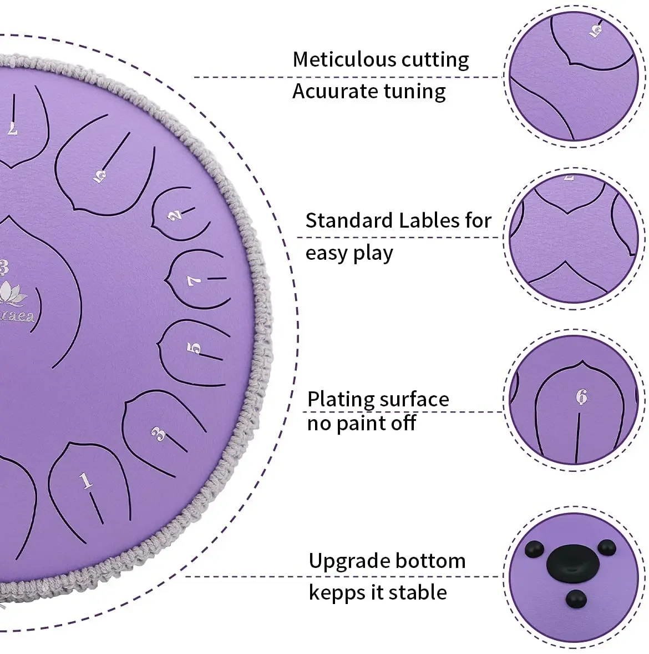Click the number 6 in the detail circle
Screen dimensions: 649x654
pyautogui.click(x=581, y=396)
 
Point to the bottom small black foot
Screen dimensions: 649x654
pyautogui.click(x=576, y=599)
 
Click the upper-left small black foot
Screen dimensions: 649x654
pyautogui.click(x=534, y=549)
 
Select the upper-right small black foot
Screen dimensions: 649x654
pyautogui.click(x=606, y=547)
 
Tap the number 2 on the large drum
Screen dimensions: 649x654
pyautogui.click(x=175, y=215)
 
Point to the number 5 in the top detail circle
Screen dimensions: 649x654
pyautogui.click(x=595, y=31)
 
